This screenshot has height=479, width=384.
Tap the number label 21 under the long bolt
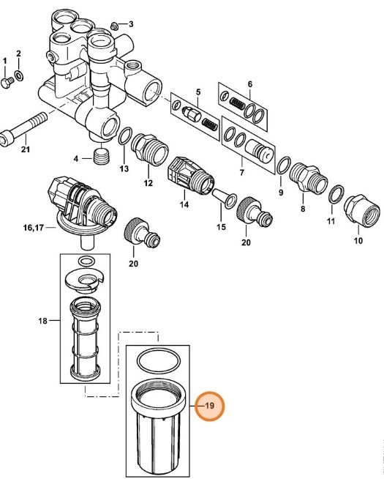26,150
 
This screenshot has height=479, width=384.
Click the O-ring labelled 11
335,194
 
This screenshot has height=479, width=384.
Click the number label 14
184,205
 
